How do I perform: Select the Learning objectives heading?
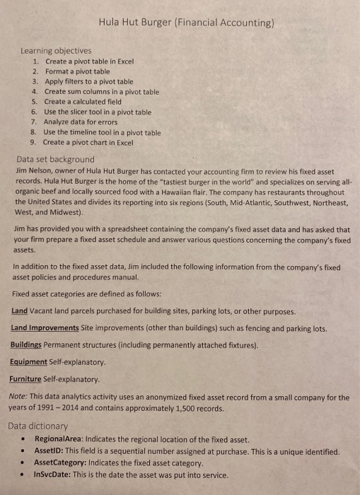point(56,50)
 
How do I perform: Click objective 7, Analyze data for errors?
point(87,122)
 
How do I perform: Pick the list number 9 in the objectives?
point(35,142)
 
